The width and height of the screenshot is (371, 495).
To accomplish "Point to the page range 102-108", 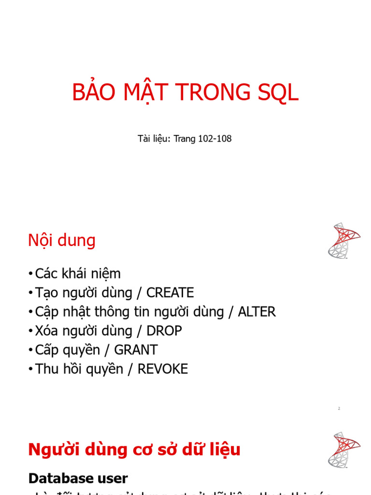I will pyautogui.click(x=215, y=139).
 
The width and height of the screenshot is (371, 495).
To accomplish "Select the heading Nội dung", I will pyautogui.click(x=62, y=240).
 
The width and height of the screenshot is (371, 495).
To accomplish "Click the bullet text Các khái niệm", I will pyautogui.click(x=78, y=274).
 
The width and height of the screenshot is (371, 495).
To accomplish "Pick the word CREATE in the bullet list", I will pyautogui.click(x=170, y=293).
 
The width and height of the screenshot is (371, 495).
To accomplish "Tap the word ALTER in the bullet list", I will pyautogui.click(x=257, y=312).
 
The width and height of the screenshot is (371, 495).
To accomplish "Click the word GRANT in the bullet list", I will pyautogui.click(x=137, y=350).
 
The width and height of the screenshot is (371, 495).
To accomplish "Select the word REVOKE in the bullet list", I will pyautogui.click(x=163, y=369).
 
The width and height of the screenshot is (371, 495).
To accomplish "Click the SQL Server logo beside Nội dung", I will pyautogui.click(x=343, y=240).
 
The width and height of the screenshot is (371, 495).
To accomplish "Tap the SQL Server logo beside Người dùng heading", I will pyautogui.click(x=343, y=450).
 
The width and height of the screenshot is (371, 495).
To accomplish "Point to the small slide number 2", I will pyautogui.click(x=339, y=409).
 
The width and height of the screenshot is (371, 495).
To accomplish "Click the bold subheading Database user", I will pyautogui.click(x=78, y=479).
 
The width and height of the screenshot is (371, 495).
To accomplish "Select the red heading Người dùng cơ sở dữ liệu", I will pyautogui.click(x=134, y=450).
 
